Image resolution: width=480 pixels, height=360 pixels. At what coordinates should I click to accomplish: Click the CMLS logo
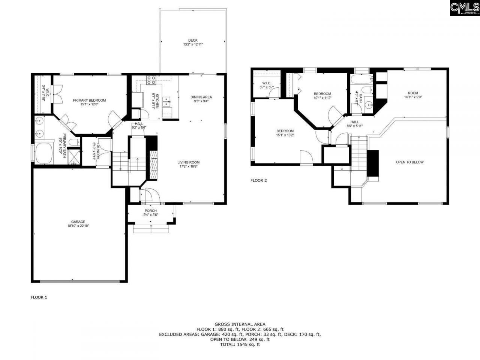click(464, 8)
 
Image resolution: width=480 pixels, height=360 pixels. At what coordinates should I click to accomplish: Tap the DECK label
click(193, 40)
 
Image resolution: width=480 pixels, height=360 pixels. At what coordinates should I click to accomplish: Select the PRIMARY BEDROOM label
click(89, 100)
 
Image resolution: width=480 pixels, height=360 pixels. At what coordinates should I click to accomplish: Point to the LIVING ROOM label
click(188, 162)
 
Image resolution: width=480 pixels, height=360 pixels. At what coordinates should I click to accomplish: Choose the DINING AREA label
click(201, 97)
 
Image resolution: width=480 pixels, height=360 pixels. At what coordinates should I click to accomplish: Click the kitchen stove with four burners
click(151, 80)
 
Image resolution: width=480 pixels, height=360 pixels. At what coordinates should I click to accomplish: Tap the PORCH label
click(150, 211)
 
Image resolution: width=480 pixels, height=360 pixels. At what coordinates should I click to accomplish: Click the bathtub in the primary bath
click(44, 153)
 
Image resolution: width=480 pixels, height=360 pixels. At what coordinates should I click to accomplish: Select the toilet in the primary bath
click(75, 142)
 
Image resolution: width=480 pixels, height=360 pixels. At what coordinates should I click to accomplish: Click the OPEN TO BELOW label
click(409, 162)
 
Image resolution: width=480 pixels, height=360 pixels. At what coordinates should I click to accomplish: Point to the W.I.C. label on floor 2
click(267, 83)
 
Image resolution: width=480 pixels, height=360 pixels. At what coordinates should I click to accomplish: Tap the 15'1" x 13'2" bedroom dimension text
click(285, 135)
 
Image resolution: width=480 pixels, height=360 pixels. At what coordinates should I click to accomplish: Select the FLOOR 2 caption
click(258, 180)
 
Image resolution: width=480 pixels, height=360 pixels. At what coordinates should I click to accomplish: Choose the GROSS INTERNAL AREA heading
click(240, 324)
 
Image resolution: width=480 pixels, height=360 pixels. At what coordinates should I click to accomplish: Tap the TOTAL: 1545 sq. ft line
click(240, 344)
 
